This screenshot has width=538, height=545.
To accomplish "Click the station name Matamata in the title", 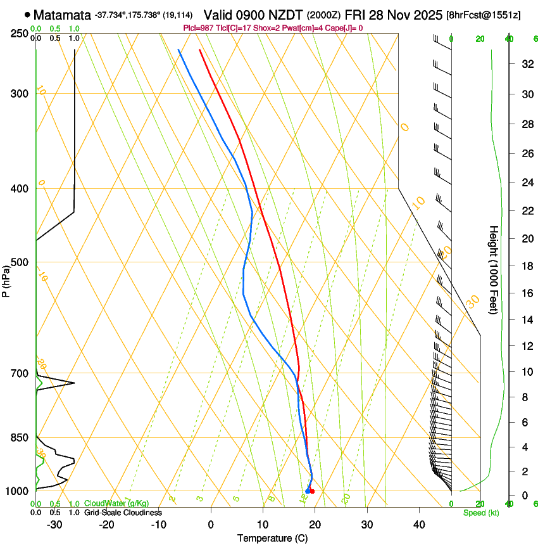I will point(62,14).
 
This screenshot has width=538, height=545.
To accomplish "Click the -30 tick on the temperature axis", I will point(54,525).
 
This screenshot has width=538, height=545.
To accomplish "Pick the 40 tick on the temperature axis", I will point(418,525).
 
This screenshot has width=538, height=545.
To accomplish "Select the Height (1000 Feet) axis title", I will point(494,269).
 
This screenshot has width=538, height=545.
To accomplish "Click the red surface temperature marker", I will point(312,491).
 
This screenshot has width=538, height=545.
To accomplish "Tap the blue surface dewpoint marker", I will point(308,491).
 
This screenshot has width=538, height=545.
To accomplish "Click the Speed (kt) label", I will point(480,513).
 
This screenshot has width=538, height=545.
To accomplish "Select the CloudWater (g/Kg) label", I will point(116,503).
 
